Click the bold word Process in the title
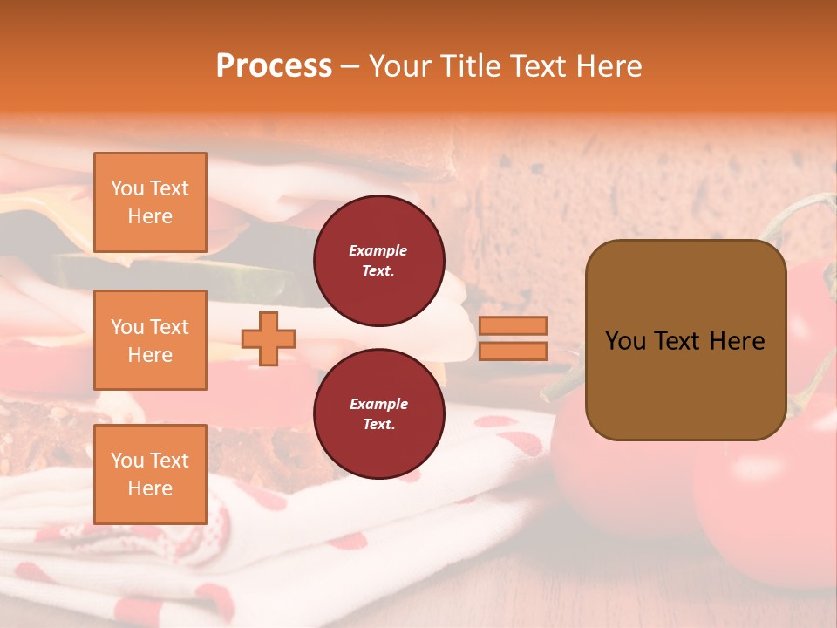click(x=274, y=66)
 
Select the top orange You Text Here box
click(x=150, y=202)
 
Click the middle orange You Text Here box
click(x=150, y=340)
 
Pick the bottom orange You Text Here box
click(x=150, y=474)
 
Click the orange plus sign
click(x=269, y=338)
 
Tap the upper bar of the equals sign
click(x=513, y=326)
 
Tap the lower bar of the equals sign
click(x=513, y=351)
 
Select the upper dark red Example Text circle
click(x=378, y=261)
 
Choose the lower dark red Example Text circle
click(x=378, y=414)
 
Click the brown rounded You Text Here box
click(x=685, y=340)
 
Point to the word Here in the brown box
click(x=738, y=341)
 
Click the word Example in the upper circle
click(x=378, y=250)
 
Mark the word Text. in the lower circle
click(x=378, y=425)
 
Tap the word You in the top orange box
click(x=127, y=188)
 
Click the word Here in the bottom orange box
click(x=150, y=488)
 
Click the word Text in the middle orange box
click(x=168, y=327)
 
